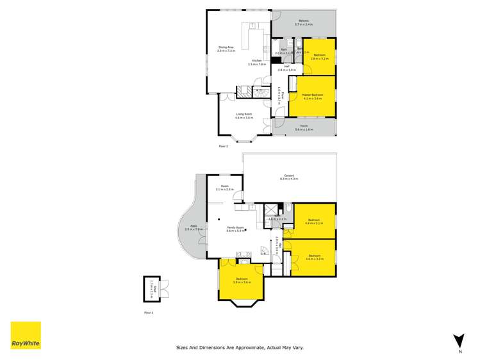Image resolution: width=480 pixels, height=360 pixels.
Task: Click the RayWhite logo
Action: tap(26, 335)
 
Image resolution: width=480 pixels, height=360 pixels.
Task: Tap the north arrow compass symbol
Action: tap(458, 341)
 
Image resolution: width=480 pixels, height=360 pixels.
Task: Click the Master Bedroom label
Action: tap(312, 96)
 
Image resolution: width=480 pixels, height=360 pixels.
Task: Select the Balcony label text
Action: tap(303, 22)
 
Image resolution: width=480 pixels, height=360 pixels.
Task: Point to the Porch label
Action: tap(304, 127)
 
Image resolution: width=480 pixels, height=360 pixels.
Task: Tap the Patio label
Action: tap(188, 227)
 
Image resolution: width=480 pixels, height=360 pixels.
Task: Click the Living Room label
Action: tap(244, 116)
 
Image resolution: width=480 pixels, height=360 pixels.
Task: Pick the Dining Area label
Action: tap(226, 47)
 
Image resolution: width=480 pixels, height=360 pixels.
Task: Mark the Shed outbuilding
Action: tap(154, 288)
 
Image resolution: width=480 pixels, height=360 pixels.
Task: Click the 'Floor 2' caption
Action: tap(223, 147)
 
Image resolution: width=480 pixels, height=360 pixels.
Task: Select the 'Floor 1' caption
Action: tap(149, 313)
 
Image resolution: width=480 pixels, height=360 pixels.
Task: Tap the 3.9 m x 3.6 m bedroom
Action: tap(241, 280)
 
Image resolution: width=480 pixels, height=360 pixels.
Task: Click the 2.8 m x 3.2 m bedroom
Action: tap(318, 56)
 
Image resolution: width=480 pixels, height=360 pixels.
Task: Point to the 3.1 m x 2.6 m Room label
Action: tap(220, 187)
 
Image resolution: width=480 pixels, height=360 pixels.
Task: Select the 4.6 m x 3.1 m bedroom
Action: tap(313, 222)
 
